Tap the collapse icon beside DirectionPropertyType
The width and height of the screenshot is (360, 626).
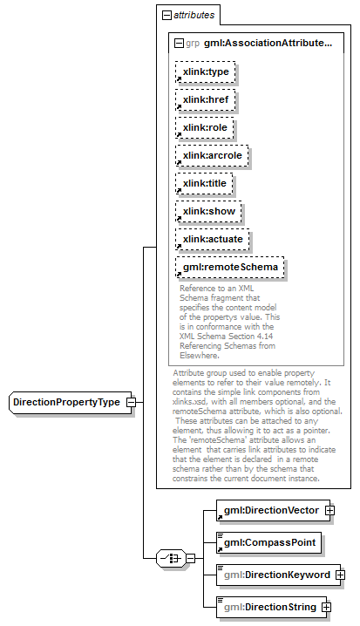pos(131,403)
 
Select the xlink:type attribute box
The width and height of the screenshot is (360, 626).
pos(205,71)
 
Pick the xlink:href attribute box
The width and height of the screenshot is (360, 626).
pos(205,99)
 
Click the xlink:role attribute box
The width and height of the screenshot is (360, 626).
pos(204,128)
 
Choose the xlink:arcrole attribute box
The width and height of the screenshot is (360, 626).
pos(212,156)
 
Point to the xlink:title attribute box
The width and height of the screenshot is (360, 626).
pos(204,184)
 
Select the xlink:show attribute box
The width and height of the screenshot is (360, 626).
pos(208,212)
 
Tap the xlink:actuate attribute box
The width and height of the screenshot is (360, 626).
pos(213,240)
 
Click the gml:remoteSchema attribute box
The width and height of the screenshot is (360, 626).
pos(230,267)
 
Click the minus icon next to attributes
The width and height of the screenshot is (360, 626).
pos(166,15)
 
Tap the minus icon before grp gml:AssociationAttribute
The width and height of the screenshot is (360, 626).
pos(180,43)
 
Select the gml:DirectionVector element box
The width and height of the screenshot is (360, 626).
pos(273,511)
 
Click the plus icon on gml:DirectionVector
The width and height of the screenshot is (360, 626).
pos(330,511)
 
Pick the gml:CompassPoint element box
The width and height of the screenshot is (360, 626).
pos(268,542)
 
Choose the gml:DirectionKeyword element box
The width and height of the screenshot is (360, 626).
pos(278,575)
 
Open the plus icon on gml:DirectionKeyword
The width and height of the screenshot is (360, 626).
pos(341,575)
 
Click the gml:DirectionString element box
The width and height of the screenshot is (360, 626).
pos(271,607)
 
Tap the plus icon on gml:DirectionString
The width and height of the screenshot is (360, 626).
pos(327,607)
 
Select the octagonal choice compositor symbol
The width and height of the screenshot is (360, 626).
pos(171,558)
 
